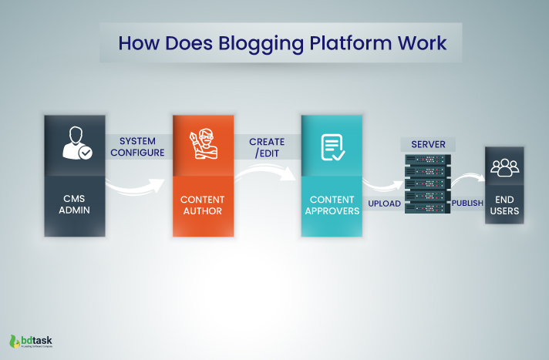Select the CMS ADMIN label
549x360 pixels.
[74, 205]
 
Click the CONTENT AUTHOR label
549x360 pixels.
[203, 205]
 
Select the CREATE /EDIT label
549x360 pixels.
[267, 147]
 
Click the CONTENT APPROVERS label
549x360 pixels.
[331, 205]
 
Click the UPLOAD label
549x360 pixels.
[384, 204]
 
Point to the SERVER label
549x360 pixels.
[428, 144]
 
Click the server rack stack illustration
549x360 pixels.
[428, 183]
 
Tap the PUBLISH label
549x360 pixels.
[467, 204]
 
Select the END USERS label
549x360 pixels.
[507, 204]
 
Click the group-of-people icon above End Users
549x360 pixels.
[507, 166]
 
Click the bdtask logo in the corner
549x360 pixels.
[31, 340]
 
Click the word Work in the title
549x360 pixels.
[421, 42]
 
